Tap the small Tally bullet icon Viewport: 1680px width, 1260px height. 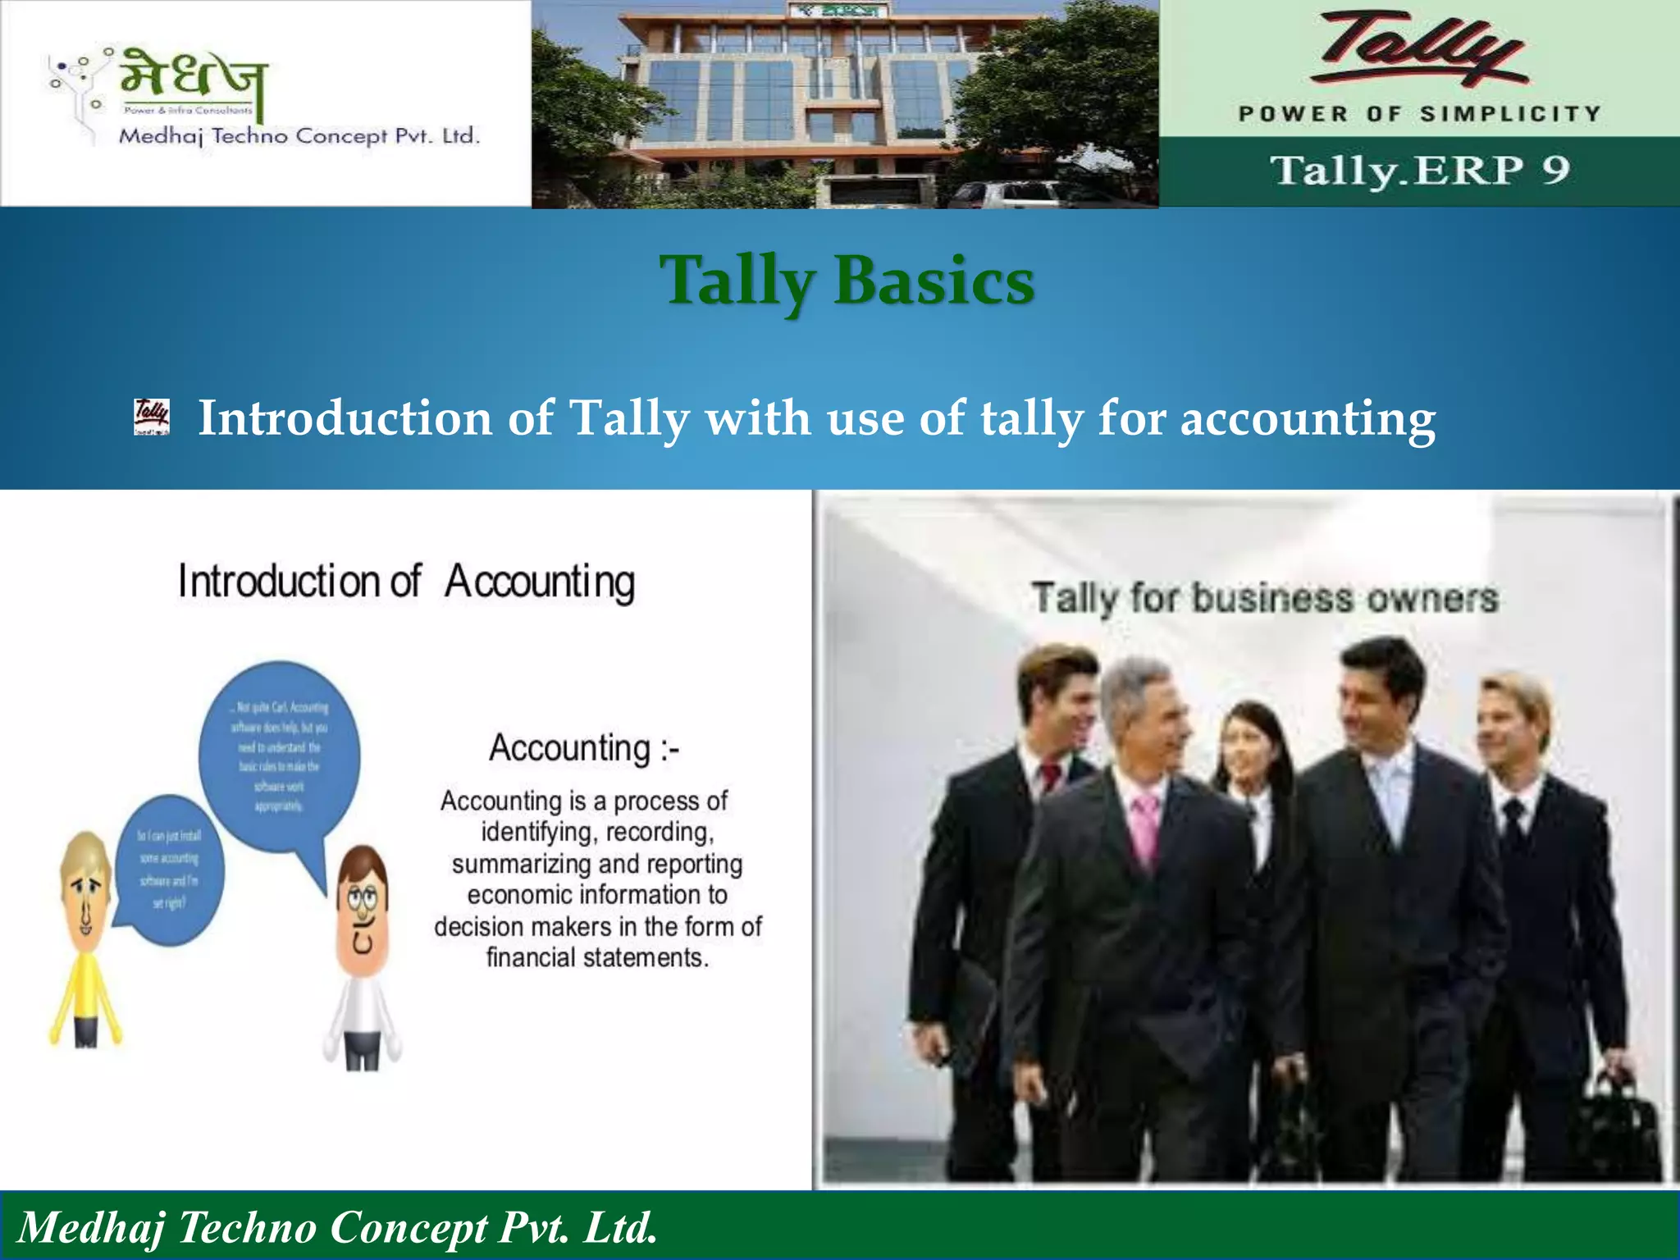[x=152, y=417]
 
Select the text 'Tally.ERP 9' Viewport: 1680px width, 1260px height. [x=1420, y=171]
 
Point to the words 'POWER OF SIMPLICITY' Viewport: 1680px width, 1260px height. [x=1420, y=113]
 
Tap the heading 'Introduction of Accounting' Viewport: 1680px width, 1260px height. [x=407, y=582]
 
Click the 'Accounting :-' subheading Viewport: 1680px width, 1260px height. [x=584, y=748]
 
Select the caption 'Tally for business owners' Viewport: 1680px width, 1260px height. [x=1264, y=597]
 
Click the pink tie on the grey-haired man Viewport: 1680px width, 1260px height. [x=1144, y=829]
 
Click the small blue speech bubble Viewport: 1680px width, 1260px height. [x=169, y=869]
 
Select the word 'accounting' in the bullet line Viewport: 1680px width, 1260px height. [x=1308, y=418]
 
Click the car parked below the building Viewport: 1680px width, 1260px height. [x=1005, y=195]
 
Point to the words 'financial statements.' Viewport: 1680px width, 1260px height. [x=597, y=957]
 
